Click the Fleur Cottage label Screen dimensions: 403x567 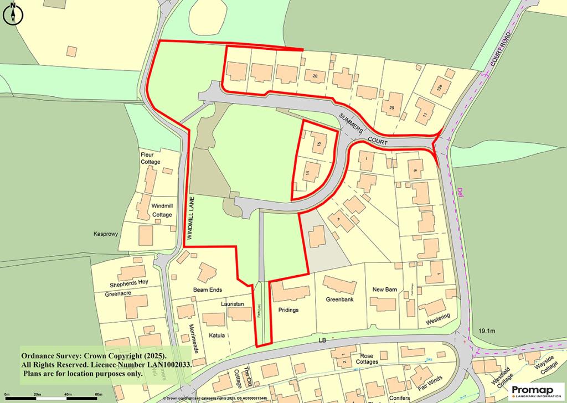pyautogui.click(x=150, y=158)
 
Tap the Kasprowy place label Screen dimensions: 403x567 pyautogui.click(x=106, y=234)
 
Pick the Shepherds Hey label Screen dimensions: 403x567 pyautogui.click(x=130, y=282)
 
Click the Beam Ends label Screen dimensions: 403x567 pyautogui.click(x=208, y=290)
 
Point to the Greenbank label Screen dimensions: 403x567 pyautogui.click(x=339, y=300)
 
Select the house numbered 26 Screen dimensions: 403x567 pyautogui.click(x=315, y=76)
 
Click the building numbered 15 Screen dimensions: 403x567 pyautogui.click(x=318, y=144)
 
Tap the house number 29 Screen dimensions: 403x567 pyautogui.click(x=391, y=107)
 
